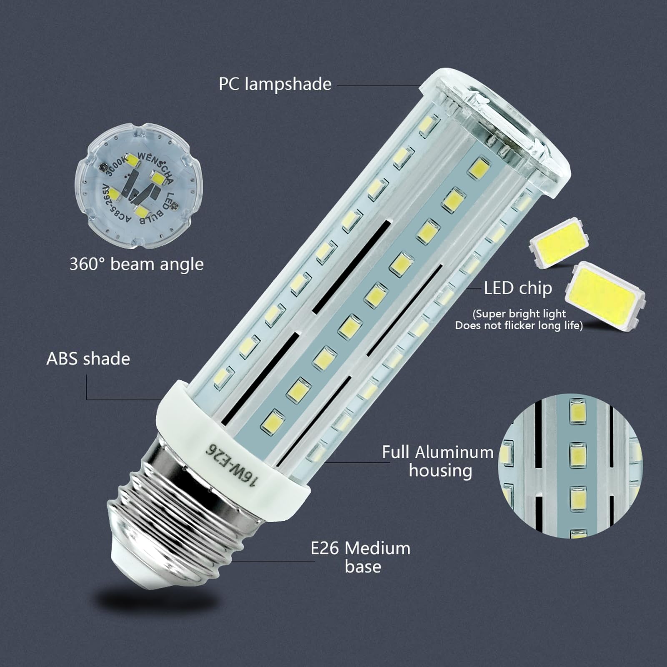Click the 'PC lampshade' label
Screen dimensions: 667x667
click(x=275, y=84)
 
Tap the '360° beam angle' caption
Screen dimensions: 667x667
click(x=136, y=264)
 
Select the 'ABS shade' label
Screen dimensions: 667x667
click(x=88, y=359)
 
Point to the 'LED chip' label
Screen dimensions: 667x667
click(x=518, y=288)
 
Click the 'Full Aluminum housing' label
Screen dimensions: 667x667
click(x=438, y=461)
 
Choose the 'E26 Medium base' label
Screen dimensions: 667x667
click(x=361, y=557)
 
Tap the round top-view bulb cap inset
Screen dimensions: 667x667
click(x=138, y=186)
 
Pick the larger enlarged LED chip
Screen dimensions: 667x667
click(x=605, y=296)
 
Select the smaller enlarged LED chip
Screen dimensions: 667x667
click(x=559, y=241)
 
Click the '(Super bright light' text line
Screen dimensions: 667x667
click(x=519, y=313)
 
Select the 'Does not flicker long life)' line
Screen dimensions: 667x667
click(x=519, y=326)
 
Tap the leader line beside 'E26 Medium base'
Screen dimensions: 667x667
click(x=273, y=561)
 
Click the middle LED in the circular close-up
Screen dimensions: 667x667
click(x=577, y=454)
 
